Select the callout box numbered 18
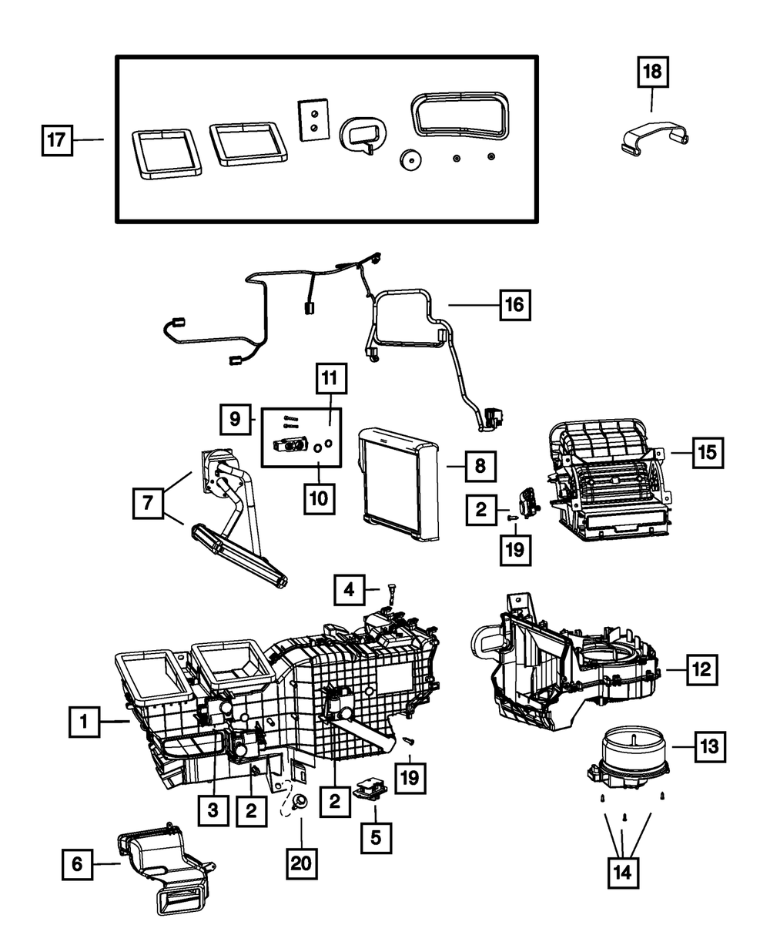(652, 75)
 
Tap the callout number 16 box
(514, 305)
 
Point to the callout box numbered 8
(478, 465)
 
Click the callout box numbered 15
(707, 452)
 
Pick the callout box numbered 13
(708, 746)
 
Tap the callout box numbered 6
(77, 865)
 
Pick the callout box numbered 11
(330, 379)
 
